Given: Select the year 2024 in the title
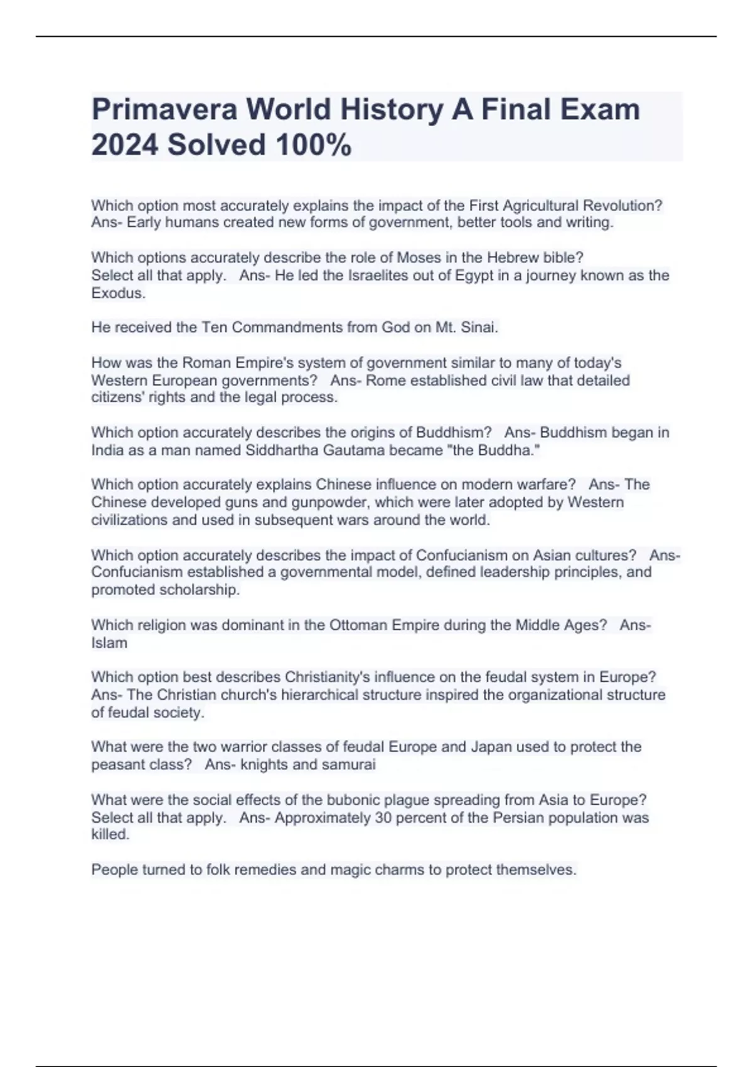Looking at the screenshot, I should pyautogui.click(x=125, y=145).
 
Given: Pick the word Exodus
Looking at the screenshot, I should pyautogui.click(x=118, y=293).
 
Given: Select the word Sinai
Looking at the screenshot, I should pyautogui.click(x=480, y=327).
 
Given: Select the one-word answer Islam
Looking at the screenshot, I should pyautogui.click(x=109, y=643).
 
